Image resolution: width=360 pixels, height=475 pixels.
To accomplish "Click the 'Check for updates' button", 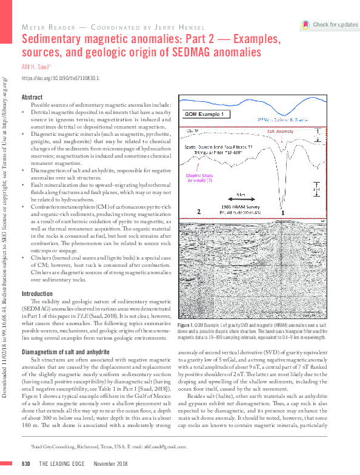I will click(330, 25).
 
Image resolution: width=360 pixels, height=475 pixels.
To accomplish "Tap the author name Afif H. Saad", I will click(36, 67).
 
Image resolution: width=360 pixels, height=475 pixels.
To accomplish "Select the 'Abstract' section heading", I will click(32, 97).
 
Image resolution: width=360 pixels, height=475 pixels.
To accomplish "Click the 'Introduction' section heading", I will click(37, 294).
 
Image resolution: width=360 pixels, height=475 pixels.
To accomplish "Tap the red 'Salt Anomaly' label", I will click(280, 130).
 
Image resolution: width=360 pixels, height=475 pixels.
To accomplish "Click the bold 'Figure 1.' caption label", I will click(184, 326).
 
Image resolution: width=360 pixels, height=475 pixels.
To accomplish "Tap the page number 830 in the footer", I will click(26, 463).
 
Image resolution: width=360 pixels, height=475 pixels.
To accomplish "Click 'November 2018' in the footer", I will click(111, 463).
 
